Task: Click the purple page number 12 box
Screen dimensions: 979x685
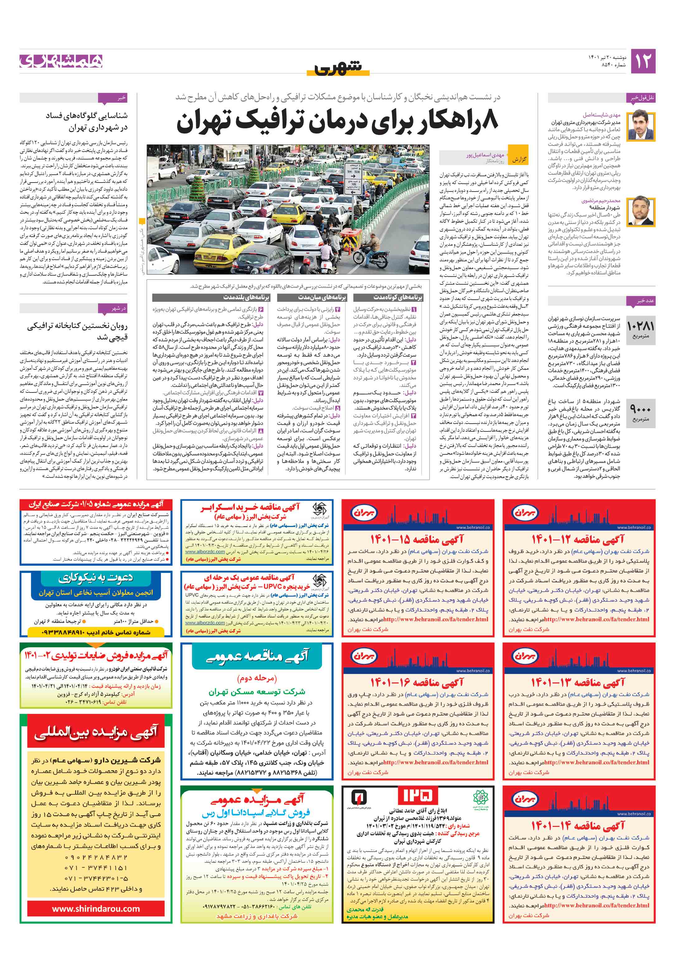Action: (642, 61)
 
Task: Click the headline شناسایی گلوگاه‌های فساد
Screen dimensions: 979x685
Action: (87, 121)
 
